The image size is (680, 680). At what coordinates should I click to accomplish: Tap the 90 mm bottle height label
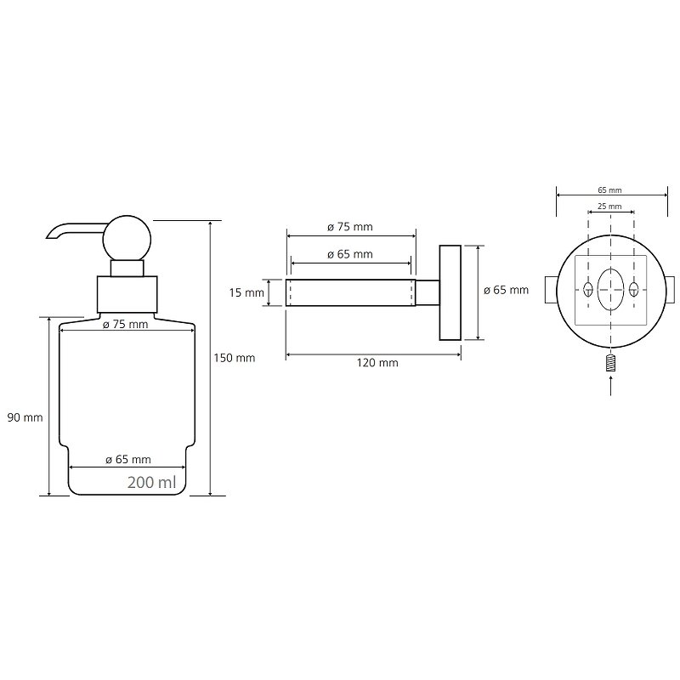point(25,416)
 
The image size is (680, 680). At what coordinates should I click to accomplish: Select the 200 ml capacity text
point(152,482)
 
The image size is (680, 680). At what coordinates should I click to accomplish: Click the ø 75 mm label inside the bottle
point(125,325)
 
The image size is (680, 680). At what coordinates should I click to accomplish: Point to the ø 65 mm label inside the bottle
point(128,460)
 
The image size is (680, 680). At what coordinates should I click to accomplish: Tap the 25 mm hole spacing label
point(610,207)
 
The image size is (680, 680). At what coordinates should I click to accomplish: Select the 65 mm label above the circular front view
point(610,191)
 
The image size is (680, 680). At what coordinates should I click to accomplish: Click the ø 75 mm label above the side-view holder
point(351,227)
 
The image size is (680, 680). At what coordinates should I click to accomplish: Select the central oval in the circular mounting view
point(610,290)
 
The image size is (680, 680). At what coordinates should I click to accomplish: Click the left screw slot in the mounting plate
point(587,289)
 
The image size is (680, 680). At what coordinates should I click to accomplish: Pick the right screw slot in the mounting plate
point(633,289)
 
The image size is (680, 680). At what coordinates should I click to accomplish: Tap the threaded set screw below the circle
point(610,363)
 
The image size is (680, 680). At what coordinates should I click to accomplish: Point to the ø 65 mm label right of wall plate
point(507,290)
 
